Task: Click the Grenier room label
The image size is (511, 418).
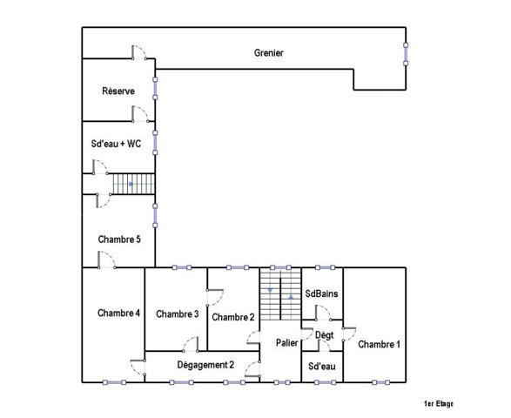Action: click(x=269, y=53)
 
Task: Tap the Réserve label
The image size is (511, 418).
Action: click(x=118, y=91)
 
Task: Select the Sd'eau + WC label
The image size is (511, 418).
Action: click(x=116, y=145)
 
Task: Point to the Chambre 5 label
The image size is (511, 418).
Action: click(x=119, y=239)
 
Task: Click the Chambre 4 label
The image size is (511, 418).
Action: click(x=119, y=313)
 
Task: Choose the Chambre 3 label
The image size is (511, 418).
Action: click(x=178, y=313)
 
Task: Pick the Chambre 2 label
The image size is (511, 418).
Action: click(x=232, y=317)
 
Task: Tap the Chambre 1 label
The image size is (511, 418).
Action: click(x=380, y=344)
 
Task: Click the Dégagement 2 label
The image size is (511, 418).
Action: click(x=205, y=365)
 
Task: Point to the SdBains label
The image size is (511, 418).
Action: click(x=322, y=294)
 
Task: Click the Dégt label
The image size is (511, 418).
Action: click(x=324, y=335)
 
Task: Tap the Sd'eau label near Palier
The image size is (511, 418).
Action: click(x=322, y=366)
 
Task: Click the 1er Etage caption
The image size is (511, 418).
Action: click(x=439, y=403)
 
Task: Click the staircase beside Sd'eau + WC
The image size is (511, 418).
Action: click(x=132, y=185)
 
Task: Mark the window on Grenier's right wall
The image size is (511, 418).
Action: click(x=406, y=53)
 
